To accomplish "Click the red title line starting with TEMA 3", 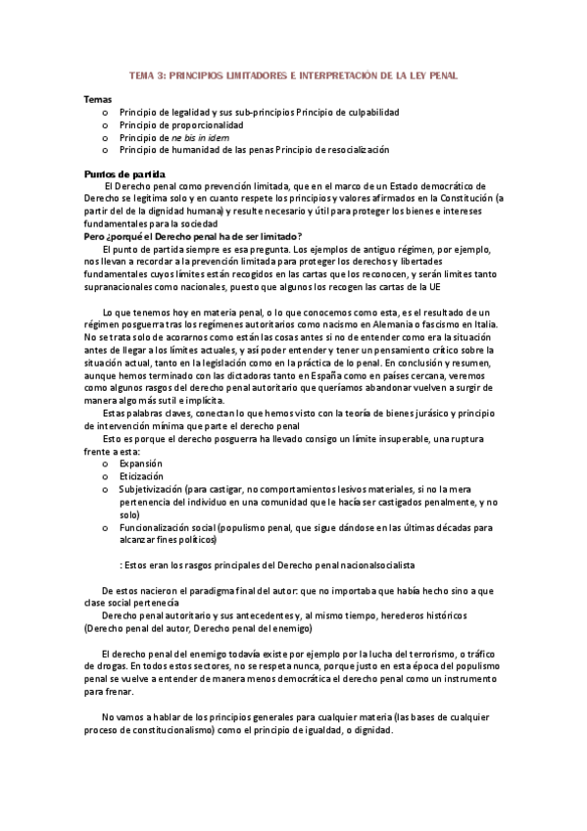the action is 293,74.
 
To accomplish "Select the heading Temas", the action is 98,100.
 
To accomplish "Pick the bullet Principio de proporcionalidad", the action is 181,125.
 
